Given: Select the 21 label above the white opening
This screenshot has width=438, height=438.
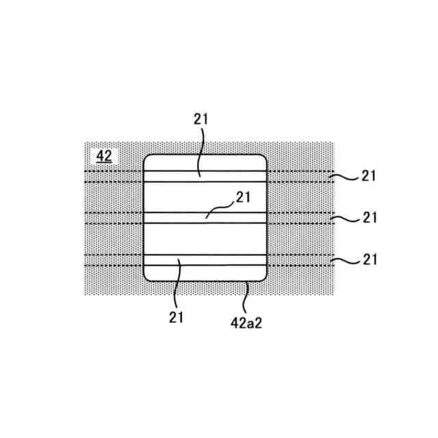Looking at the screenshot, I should [201, 119].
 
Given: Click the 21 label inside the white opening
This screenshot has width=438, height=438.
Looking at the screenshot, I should [244, 197].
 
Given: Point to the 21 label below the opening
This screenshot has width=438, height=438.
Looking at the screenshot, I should [176, 317].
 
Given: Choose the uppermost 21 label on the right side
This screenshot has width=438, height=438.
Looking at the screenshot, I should [369, 176].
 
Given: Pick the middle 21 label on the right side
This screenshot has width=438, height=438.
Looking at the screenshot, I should [369, 218].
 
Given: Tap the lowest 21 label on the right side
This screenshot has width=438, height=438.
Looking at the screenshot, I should [369, 259].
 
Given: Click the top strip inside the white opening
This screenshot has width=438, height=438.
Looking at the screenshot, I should [205, 176].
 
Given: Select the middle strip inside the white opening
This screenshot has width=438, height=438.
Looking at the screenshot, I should [205, 218].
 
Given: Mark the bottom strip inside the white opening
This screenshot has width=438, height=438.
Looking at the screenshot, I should [205, 260].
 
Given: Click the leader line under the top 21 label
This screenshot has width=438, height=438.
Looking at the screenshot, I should [201, 151].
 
